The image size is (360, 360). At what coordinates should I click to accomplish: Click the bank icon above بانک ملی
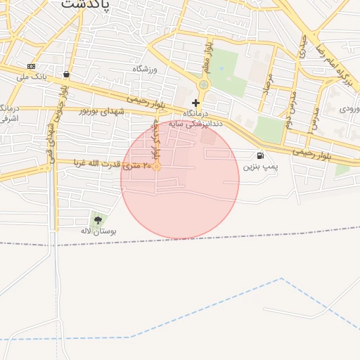click(31, 65)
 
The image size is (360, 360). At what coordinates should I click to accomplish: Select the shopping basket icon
click(66, 74)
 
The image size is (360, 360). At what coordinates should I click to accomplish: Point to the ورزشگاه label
click(148, 69)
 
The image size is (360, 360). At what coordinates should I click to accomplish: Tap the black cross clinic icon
click(195, 103)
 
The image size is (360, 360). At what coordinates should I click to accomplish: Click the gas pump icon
click(261, 155)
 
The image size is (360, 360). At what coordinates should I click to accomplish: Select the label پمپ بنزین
click(261, 167)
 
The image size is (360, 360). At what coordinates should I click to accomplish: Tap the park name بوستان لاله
click(98, 231)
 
